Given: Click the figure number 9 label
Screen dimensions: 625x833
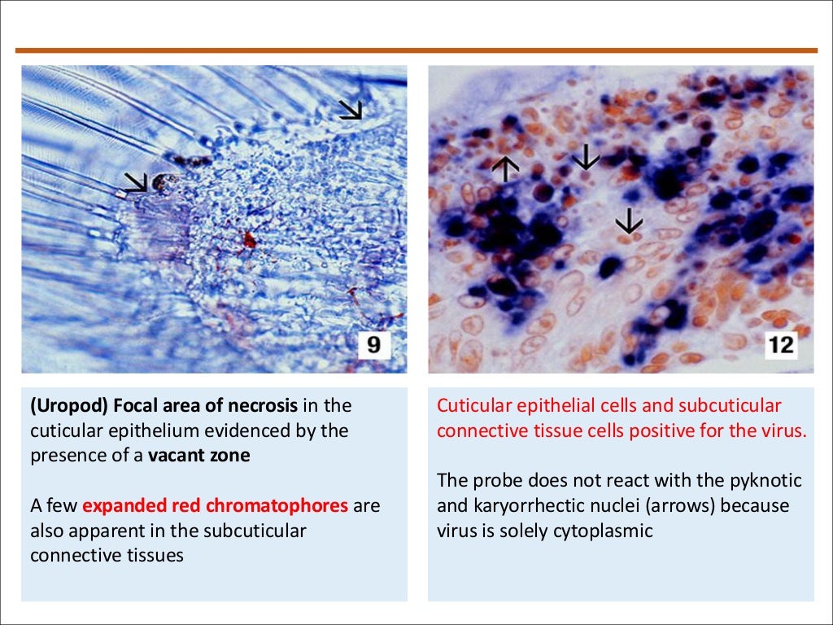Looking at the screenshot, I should pyautogui.click(x=373, y=345).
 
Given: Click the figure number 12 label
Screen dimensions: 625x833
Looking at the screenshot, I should pyautogui.click(x=780, y=345).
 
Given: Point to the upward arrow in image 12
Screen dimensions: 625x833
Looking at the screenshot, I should pyautogui.click(x=505, y=168).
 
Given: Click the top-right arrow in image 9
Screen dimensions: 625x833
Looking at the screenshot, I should pyautogui.click(x=351, y=110).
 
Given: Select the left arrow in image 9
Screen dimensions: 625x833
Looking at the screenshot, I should pyautogui.click(x=135, y=182).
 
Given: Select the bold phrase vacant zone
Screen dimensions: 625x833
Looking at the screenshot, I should pyautogui.click(x=199, y=455).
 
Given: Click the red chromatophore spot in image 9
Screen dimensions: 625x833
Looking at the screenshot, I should pyautogui.click(x=249, y=239).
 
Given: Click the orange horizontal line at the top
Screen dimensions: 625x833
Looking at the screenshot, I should pyautogui.click(x=416, y=50).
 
